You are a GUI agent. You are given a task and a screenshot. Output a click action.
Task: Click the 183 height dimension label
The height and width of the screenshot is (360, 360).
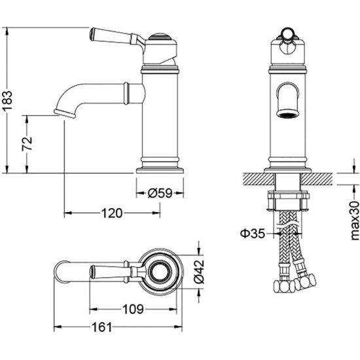coord(8,101)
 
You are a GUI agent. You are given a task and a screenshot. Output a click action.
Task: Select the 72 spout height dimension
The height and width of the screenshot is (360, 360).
coord(27,144)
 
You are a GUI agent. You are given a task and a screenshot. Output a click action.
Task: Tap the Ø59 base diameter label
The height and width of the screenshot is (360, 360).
coord(160,193)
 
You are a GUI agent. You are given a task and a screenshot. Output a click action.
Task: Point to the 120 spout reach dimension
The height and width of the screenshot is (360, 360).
coord(112,213)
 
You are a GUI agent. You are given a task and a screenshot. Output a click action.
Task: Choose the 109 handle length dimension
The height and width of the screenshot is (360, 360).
coord(133,309)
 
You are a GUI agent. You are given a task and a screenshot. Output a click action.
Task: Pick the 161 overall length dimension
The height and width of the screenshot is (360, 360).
coord(101,327)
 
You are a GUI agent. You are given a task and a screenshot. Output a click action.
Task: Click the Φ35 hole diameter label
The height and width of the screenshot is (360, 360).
coord(252,234)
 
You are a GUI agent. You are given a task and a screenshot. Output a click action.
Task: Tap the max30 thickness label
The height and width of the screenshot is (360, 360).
coord(355,221)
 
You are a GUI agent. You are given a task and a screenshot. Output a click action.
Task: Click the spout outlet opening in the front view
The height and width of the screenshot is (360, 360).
coord(288,113)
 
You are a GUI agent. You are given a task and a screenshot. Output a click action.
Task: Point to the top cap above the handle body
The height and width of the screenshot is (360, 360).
coord(160,37)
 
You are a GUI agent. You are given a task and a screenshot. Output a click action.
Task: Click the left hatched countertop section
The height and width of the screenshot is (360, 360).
coord(259,179)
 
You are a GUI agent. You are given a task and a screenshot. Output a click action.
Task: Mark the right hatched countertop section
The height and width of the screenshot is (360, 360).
coord(317,179)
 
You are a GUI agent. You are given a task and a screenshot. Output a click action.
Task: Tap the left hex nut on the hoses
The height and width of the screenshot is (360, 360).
coord(284,287)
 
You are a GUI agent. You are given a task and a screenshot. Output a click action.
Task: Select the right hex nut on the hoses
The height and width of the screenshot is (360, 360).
coord(306,282)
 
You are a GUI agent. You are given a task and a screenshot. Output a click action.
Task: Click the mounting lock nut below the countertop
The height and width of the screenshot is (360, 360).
coord(288,200)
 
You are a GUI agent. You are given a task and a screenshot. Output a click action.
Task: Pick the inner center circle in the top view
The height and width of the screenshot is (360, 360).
coord(160,272)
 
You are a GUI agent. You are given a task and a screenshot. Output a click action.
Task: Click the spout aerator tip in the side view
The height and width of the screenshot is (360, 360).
coord(65,113)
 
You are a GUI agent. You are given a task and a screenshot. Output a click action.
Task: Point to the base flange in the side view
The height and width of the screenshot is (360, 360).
coord(160,171)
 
